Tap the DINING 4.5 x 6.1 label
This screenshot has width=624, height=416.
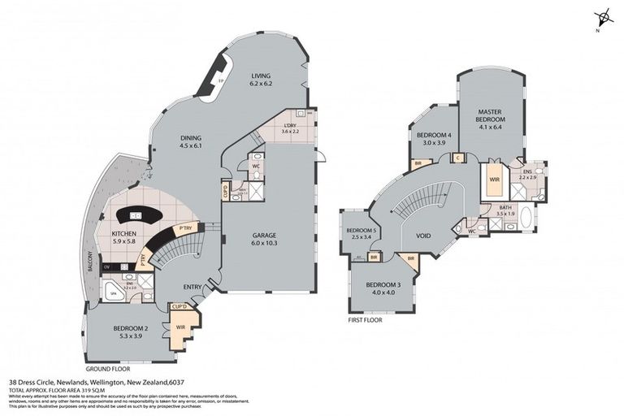tap(189, 142)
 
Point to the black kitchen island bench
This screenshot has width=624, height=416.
tap(138, 216)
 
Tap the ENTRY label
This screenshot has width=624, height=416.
tap(193, 287)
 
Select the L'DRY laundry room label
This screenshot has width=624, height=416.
tap(290, 128)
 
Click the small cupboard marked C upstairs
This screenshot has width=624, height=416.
tap(458, 158)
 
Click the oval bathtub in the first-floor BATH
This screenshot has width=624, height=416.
tap(526, 219)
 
